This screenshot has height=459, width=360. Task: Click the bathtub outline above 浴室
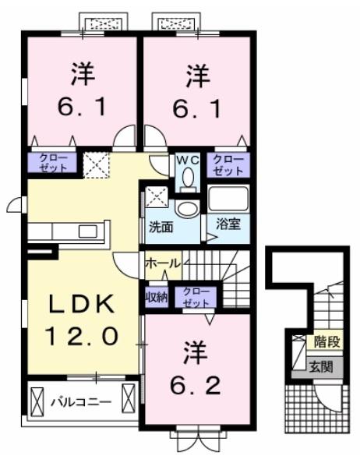(228, 199)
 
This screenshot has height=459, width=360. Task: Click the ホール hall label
(162, 263)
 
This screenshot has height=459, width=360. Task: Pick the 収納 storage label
(156, 297)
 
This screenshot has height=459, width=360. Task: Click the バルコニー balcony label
(81, 403)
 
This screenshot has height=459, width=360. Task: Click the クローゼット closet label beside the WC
(228, 164)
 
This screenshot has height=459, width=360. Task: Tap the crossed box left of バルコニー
(37, 403)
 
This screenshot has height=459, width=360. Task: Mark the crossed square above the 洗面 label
(155, 196)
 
